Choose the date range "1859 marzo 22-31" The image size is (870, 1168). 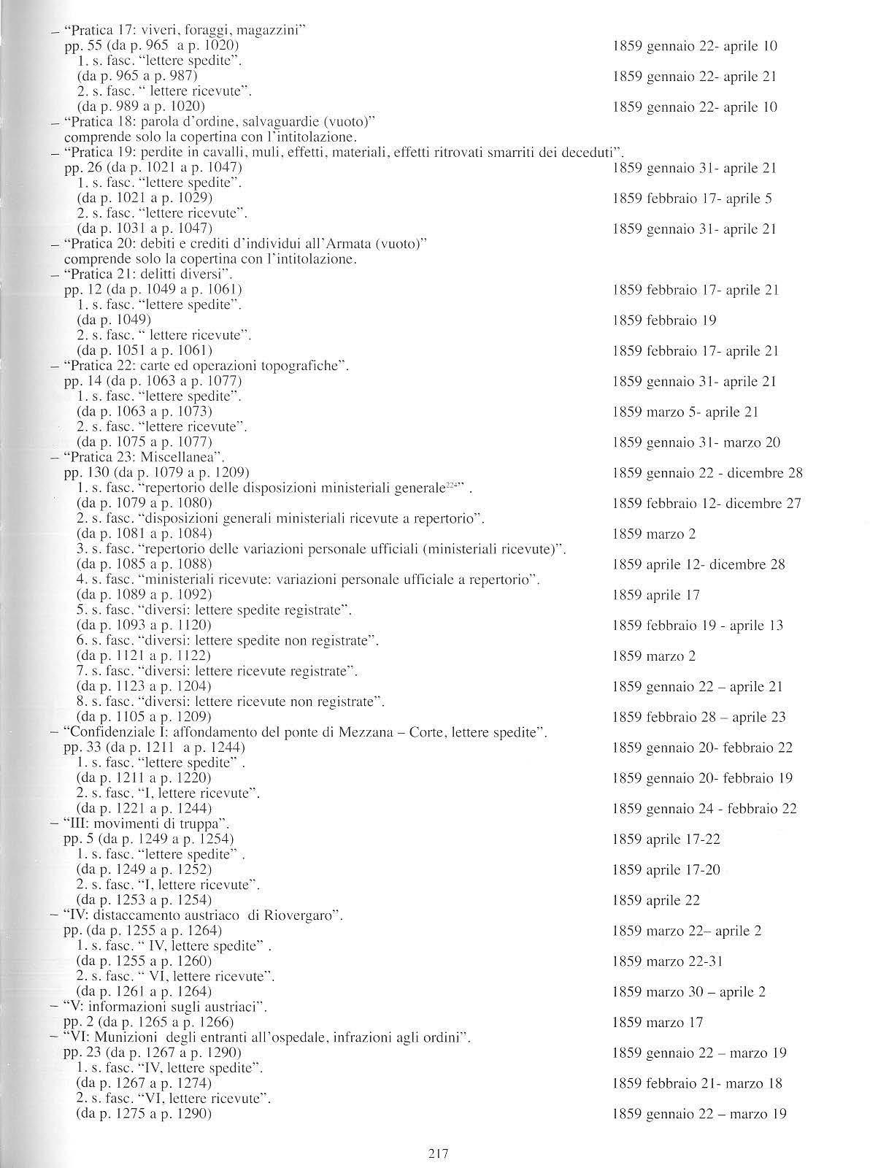668,961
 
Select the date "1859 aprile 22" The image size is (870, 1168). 656,901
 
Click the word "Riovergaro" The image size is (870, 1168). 301,915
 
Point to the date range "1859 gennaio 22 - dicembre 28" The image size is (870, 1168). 707,473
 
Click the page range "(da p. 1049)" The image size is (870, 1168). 114,320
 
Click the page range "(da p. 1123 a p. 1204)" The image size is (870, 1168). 144,686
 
